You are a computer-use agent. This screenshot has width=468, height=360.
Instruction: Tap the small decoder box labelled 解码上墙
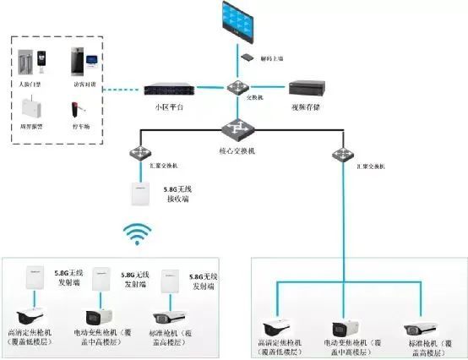(247, 57)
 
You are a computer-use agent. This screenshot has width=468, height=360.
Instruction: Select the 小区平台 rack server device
(166, 89)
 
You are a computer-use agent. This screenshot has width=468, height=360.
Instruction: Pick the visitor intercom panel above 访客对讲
(77, 63)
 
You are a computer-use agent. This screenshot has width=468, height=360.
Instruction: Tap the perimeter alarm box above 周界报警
(29, 110)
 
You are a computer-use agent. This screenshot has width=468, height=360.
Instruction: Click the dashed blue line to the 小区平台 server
(114, 89)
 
